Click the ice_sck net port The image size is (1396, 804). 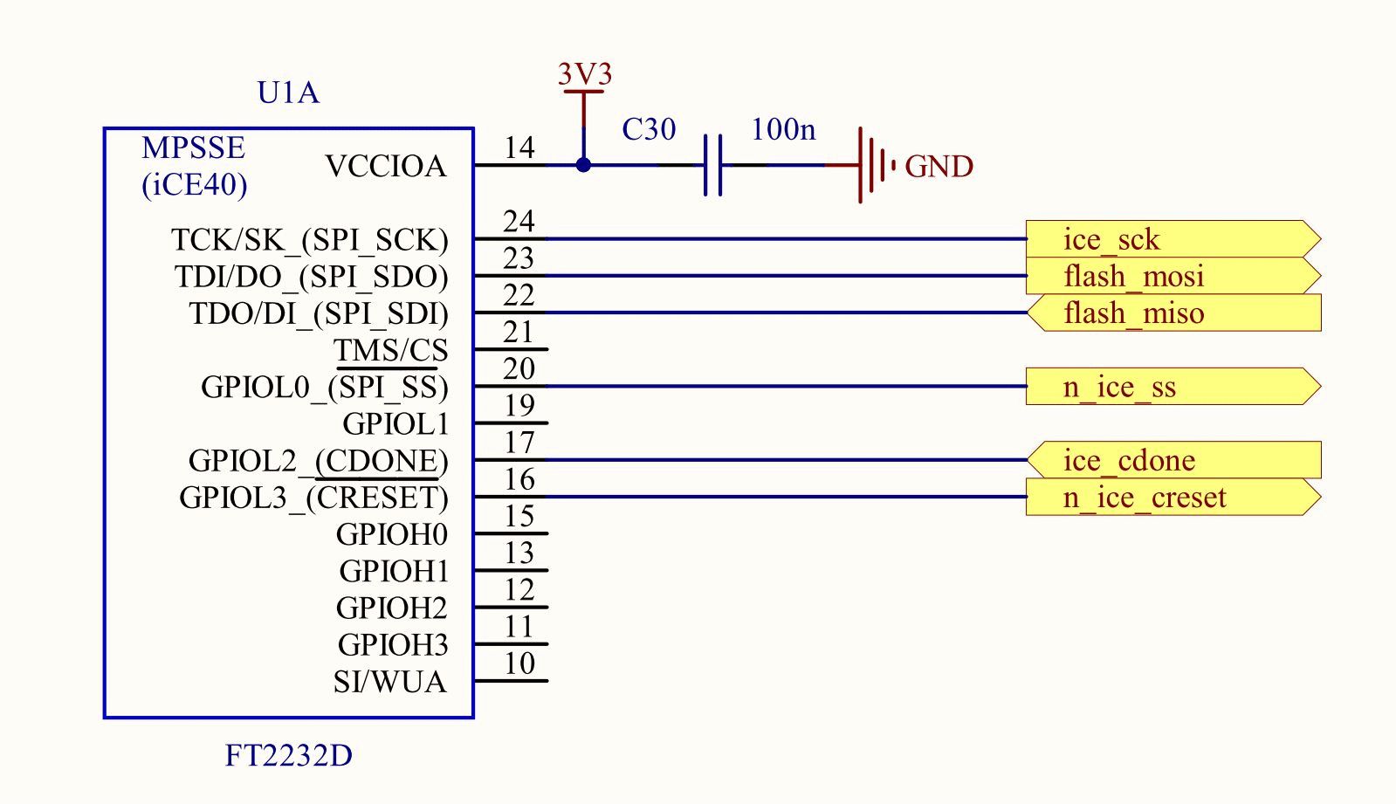tap(1173, 238)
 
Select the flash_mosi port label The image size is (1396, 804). tap(1173, 276)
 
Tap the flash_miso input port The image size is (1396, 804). tap(1173, 313)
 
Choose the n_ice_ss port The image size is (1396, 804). tap(1173, 387)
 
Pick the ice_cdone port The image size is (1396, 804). tap(1173, 460)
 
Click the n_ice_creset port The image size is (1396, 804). tap(1173, 497)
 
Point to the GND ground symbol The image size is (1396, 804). tap(876, 165)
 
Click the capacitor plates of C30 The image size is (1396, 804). tap(713, 165)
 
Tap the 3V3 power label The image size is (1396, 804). tap(585, 73)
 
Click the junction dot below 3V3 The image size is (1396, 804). tap(583, 165)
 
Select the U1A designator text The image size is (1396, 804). tap(288, 93)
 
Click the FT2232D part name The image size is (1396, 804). tap(289, 755)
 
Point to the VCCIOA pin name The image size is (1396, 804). tap(386, 167)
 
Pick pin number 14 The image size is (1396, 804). tap(519, 148)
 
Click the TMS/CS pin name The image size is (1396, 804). tap(391, 350)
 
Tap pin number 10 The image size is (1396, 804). tap(519, 663)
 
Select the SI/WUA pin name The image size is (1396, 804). tap(390, 682)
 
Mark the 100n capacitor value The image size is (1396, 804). tap(783, 130)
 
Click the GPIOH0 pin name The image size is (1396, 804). tap(392, 534)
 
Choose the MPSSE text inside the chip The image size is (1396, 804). tap(193, 148)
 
